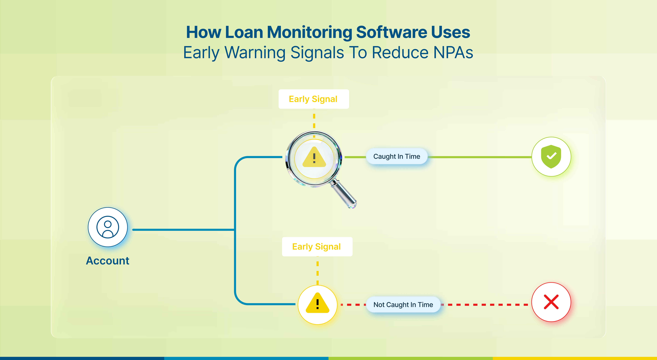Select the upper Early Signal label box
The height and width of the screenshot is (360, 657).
(x=314, y=99)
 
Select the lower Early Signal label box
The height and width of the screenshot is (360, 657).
(x=317, y=246)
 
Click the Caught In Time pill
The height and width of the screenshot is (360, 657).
(x=397, y=156)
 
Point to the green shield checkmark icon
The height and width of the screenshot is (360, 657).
(x=551, y=156)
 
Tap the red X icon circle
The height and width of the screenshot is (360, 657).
(x=551, y=302)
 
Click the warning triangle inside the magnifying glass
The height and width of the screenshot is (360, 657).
(x=314, y=157)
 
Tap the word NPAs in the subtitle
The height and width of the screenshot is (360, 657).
(x=453, y=53)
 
